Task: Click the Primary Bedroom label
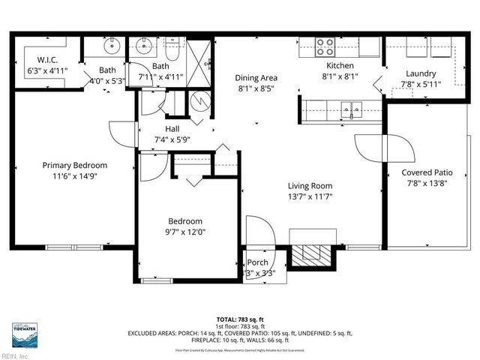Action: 74,165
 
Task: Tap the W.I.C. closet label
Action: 48,61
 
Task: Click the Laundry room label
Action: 421,73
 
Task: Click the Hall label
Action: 172,128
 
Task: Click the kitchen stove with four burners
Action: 325,46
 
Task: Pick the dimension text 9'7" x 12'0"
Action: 184,232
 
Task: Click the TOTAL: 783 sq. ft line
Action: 239,319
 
